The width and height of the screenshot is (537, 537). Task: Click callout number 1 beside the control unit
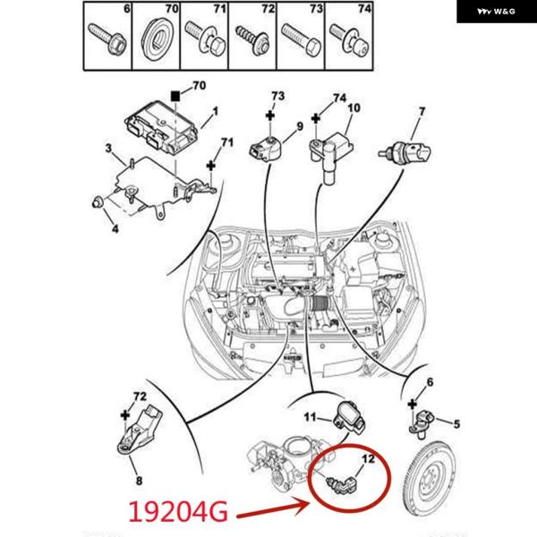[215, 114]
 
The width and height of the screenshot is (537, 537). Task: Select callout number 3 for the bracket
[108, 149]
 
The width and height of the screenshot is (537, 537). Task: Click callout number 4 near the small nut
[114, 227]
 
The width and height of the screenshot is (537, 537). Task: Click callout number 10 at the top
[354, 109]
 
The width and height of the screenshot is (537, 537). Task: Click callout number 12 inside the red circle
[366, 460]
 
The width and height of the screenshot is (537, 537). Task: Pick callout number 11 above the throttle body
[307, 417]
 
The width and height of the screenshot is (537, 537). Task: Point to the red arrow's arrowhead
[312, 502]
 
